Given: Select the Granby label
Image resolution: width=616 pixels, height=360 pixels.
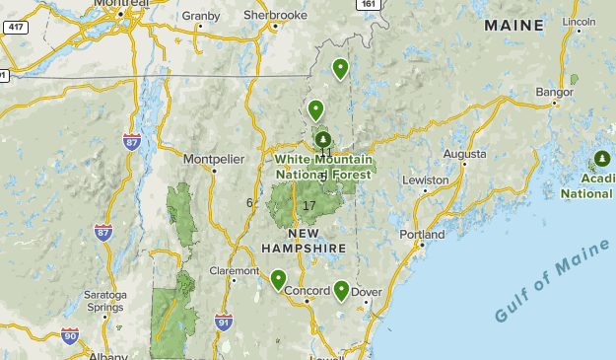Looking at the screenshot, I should [201, 15].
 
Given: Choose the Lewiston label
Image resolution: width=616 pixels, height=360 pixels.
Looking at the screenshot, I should [425, 180].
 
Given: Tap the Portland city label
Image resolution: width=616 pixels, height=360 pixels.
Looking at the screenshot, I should [421, 235].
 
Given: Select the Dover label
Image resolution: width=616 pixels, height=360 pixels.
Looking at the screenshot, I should [367, 292].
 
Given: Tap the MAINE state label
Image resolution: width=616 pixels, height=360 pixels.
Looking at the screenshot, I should [513, 26].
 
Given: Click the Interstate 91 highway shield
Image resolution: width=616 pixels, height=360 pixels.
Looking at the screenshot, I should [224, 322].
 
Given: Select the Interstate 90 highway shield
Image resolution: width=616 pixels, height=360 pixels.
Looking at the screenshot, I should [69, 335].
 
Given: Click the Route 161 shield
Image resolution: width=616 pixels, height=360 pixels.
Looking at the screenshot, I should [368, 5].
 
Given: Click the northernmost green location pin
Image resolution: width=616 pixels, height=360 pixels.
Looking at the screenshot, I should [340, 68].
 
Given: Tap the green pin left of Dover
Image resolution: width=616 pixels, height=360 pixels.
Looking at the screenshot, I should [341, 289].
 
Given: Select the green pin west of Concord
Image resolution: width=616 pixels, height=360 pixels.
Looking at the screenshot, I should [278, 280].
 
